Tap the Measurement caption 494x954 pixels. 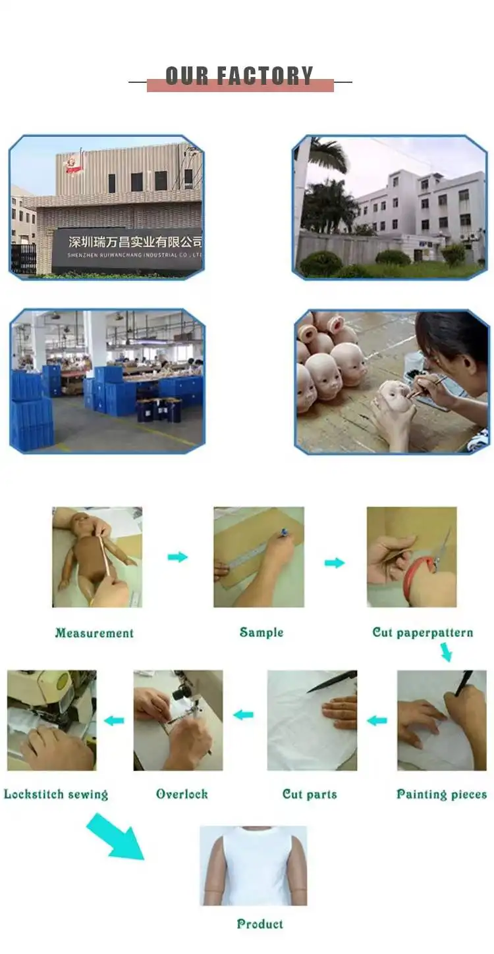[x=94, y=633]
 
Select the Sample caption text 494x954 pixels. [x=261, y=632]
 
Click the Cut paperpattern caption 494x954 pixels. [x=423, y=633]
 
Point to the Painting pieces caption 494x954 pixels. [x=441, y=794]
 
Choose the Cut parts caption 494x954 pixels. [x=310, y=794]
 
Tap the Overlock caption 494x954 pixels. [x=182, y=794]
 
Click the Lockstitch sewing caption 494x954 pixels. [x=56, y=794]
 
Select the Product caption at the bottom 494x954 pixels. [x=260, y=924]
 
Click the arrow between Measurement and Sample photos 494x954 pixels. [x=177, y=557]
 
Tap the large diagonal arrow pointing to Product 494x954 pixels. [x=115, y=837]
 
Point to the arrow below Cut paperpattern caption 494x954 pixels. [x=445, y=652]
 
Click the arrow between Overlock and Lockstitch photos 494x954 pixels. [x=114, y=720]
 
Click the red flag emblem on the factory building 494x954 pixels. [x=74, y=166]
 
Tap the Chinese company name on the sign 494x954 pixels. [x=135, y=242]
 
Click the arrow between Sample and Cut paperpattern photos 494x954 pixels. [x=335, y=563]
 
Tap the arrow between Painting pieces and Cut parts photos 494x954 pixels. [x=377, y=720]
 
